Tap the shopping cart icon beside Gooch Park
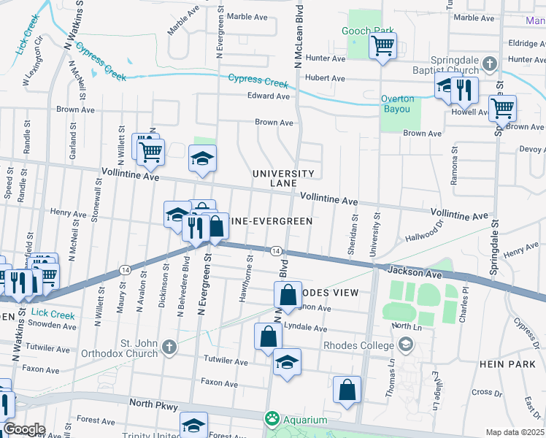click(382, 47)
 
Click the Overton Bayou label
click(397, 104)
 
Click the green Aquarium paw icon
click(272, 419)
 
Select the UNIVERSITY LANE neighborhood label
click(283, 178)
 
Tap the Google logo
click(23, 429)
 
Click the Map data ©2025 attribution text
click(515, 432)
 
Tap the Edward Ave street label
click(269, 96)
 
